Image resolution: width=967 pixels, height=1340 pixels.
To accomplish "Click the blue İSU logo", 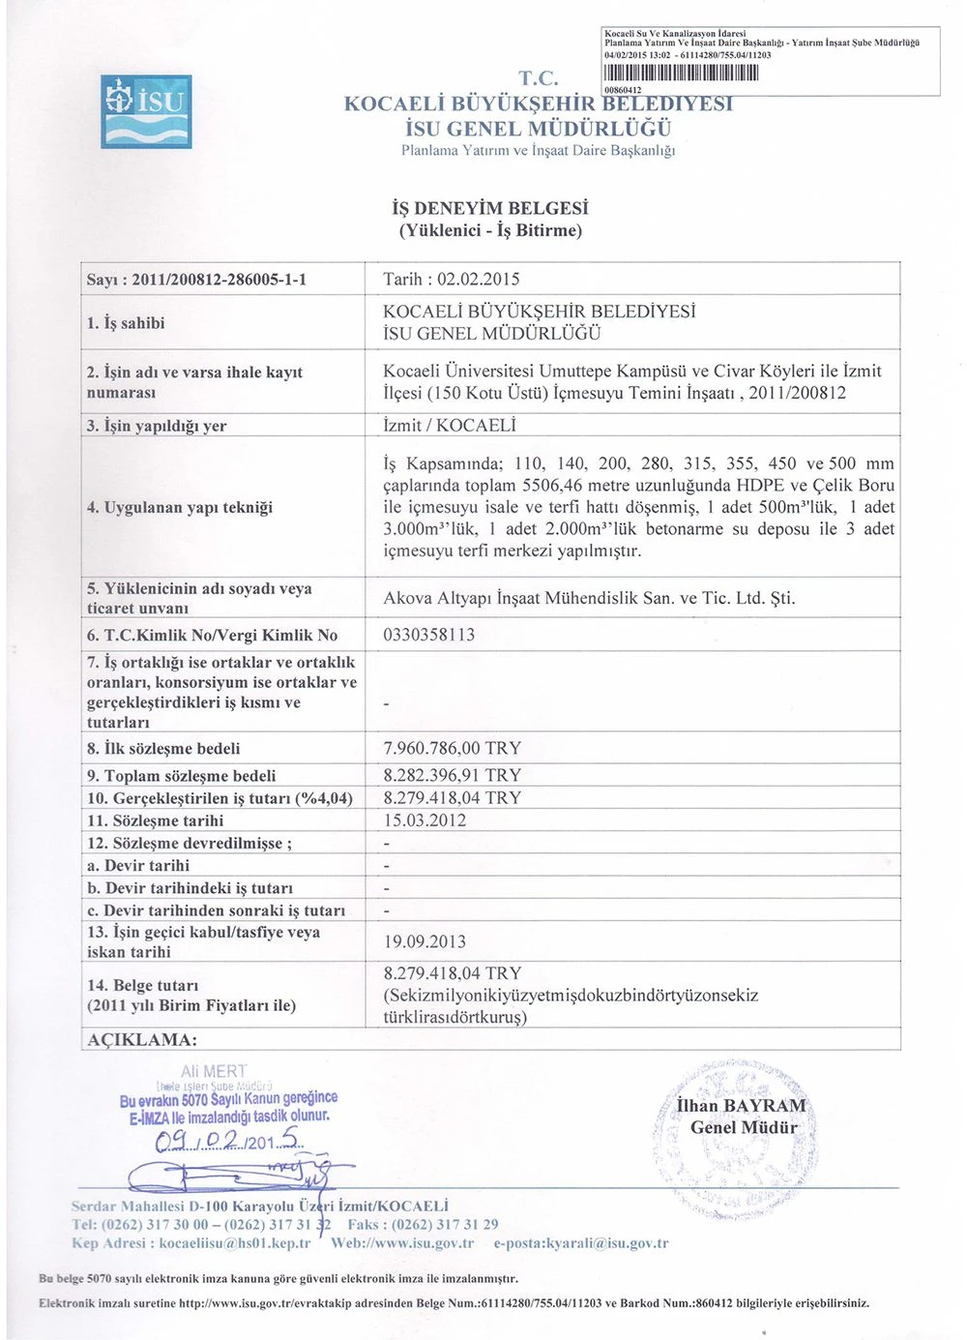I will [x=146, y=111].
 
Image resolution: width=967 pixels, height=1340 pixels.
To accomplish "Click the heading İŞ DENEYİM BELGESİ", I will [x=490, y=208].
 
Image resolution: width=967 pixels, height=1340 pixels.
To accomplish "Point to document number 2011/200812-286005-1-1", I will [x=219, y=280].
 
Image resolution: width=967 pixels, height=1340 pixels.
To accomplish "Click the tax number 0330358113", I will [x=429, y=635].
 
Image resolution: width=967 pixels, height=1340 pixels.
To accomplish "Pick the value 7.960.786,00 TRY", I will [x=452, y=748].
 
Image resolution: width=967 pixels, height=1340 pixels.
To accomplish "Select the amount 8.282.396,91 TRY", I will [x=452, y=775].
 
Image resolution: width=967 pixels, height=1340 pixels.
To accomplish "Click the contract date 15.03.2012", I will [x=425, y=820].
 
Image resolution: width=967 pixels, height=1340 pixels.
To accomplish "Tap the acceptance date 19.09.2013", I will [x=425, y=941].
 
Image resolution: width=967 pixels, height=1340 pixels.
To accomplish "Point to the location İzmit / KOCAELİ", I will [x=450, y=426].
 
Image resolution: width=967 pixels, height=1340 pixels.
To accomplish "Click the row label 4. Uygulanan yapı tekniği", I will [x=180, y=507].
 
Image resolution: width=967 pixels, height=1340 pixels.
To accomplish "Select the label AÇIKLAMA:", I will [x=142, y=1040].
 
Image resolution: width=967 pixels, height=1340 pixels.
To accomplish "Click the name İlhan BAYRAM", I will [x=742, y=1106].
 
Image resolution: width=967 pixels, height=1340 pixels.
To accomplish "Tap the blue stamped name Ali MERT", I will [x=214, y=1072].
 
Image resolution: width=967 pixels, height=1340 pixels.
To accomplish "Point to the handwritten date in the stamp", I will [x=229, y=1142].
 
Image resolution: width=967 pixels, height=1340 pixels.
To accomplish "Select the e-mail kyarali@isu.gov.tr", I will [x=603, y=1243].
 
